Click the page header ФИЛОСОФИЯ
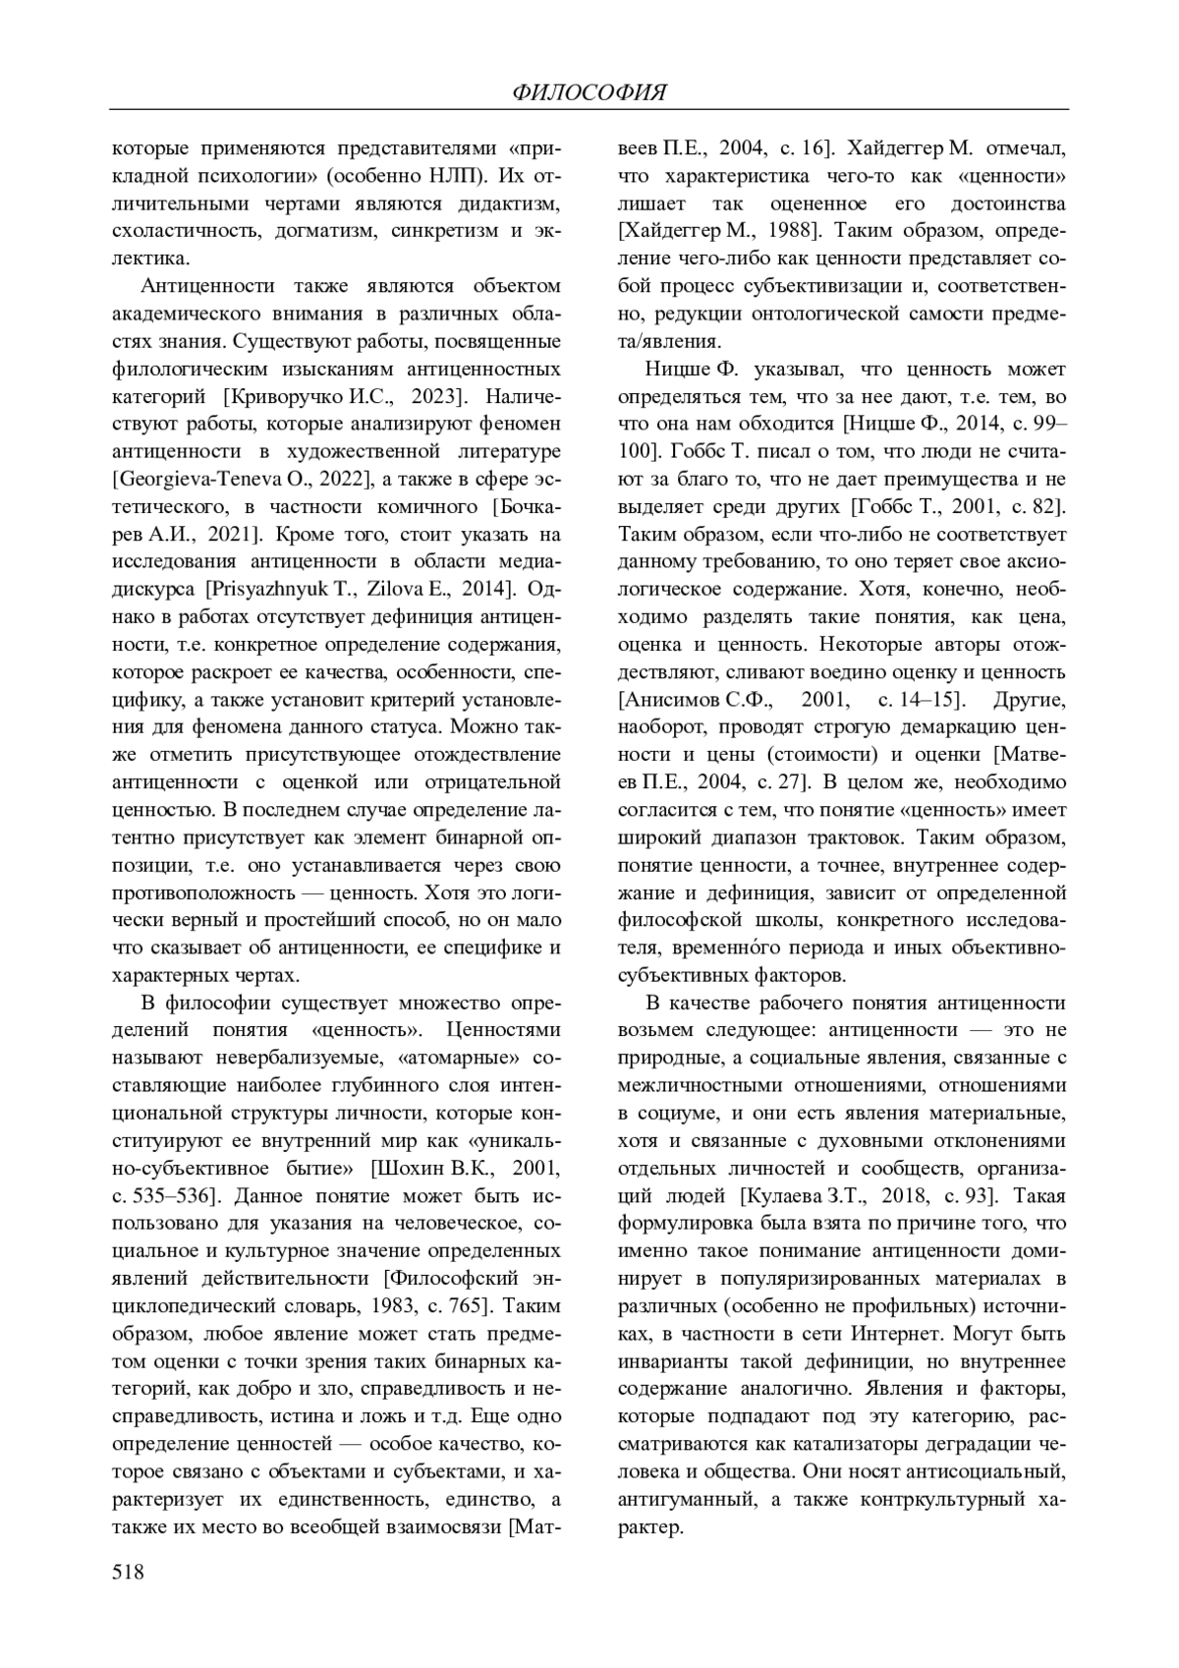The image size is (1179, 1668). (589, 93)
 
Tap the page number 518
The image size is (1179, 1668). (129, 1572)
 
